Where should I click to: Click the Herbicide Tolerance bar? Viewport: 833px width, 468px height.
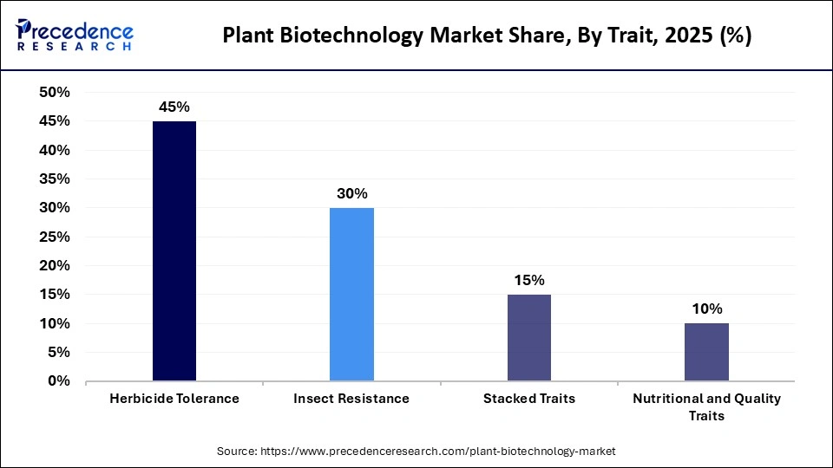tap(174, 250)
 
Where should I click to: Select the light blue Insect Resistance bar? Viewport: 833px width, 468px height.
tap(351, 294)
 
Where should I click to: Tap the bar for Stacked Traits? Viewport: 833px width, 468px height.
tap(528, 337)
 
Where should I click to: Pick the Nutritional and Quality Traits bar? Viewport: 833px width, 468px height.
tap(706, 352)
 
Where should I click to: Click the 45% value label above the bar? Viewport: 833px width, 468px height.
tap(174, 107)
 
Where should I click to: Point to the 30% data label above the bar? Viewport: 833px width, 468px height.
tap(351, 194)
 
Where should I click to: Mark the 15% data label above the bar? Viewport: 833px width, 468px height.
tap(528, 280)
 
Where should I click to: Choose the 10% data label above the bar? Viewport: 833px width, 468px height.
tap(706, 309)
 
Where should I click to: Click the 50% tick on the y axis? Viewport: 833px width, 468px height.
tap(55, 93)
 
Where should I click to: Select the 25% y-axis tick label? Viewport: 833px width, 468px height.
tap(55, 237)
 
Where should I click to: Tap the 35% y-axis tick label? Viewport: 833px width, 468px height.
tap(55, 179)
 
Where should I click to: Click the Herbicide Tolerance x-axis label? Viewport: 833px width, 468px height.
tap(174, 399)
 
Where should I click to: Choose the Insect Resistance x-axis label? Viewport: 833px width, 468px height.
tap(351, 399)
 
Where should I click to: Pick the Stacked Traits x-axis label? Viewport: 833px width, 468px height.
tap(528, 399)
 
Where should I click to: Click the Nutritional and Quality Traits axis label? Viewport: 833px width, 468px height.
tap(706, 406)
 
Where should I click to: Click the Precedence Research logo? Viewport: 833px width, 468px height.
tap(75, 35)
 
